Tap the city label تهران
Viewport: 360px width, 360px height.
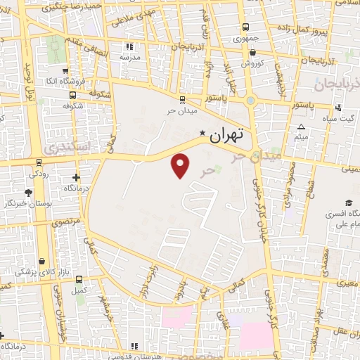point(228,133)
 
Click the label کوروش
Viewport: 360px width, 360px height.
point(252,63)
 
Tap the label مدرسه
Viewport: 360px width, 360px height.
point(131,56)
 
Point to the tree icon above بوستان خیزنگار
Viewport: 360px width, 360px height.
point(28,192)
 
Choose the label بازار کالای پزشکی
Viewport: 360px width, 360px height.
point(34,271)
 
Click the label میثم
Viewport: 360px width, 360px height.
point(301,138)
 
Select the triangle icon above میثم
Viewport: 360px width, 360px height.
point(301,127)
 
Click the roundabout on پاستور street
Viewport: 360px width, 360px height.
point(251,100)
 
